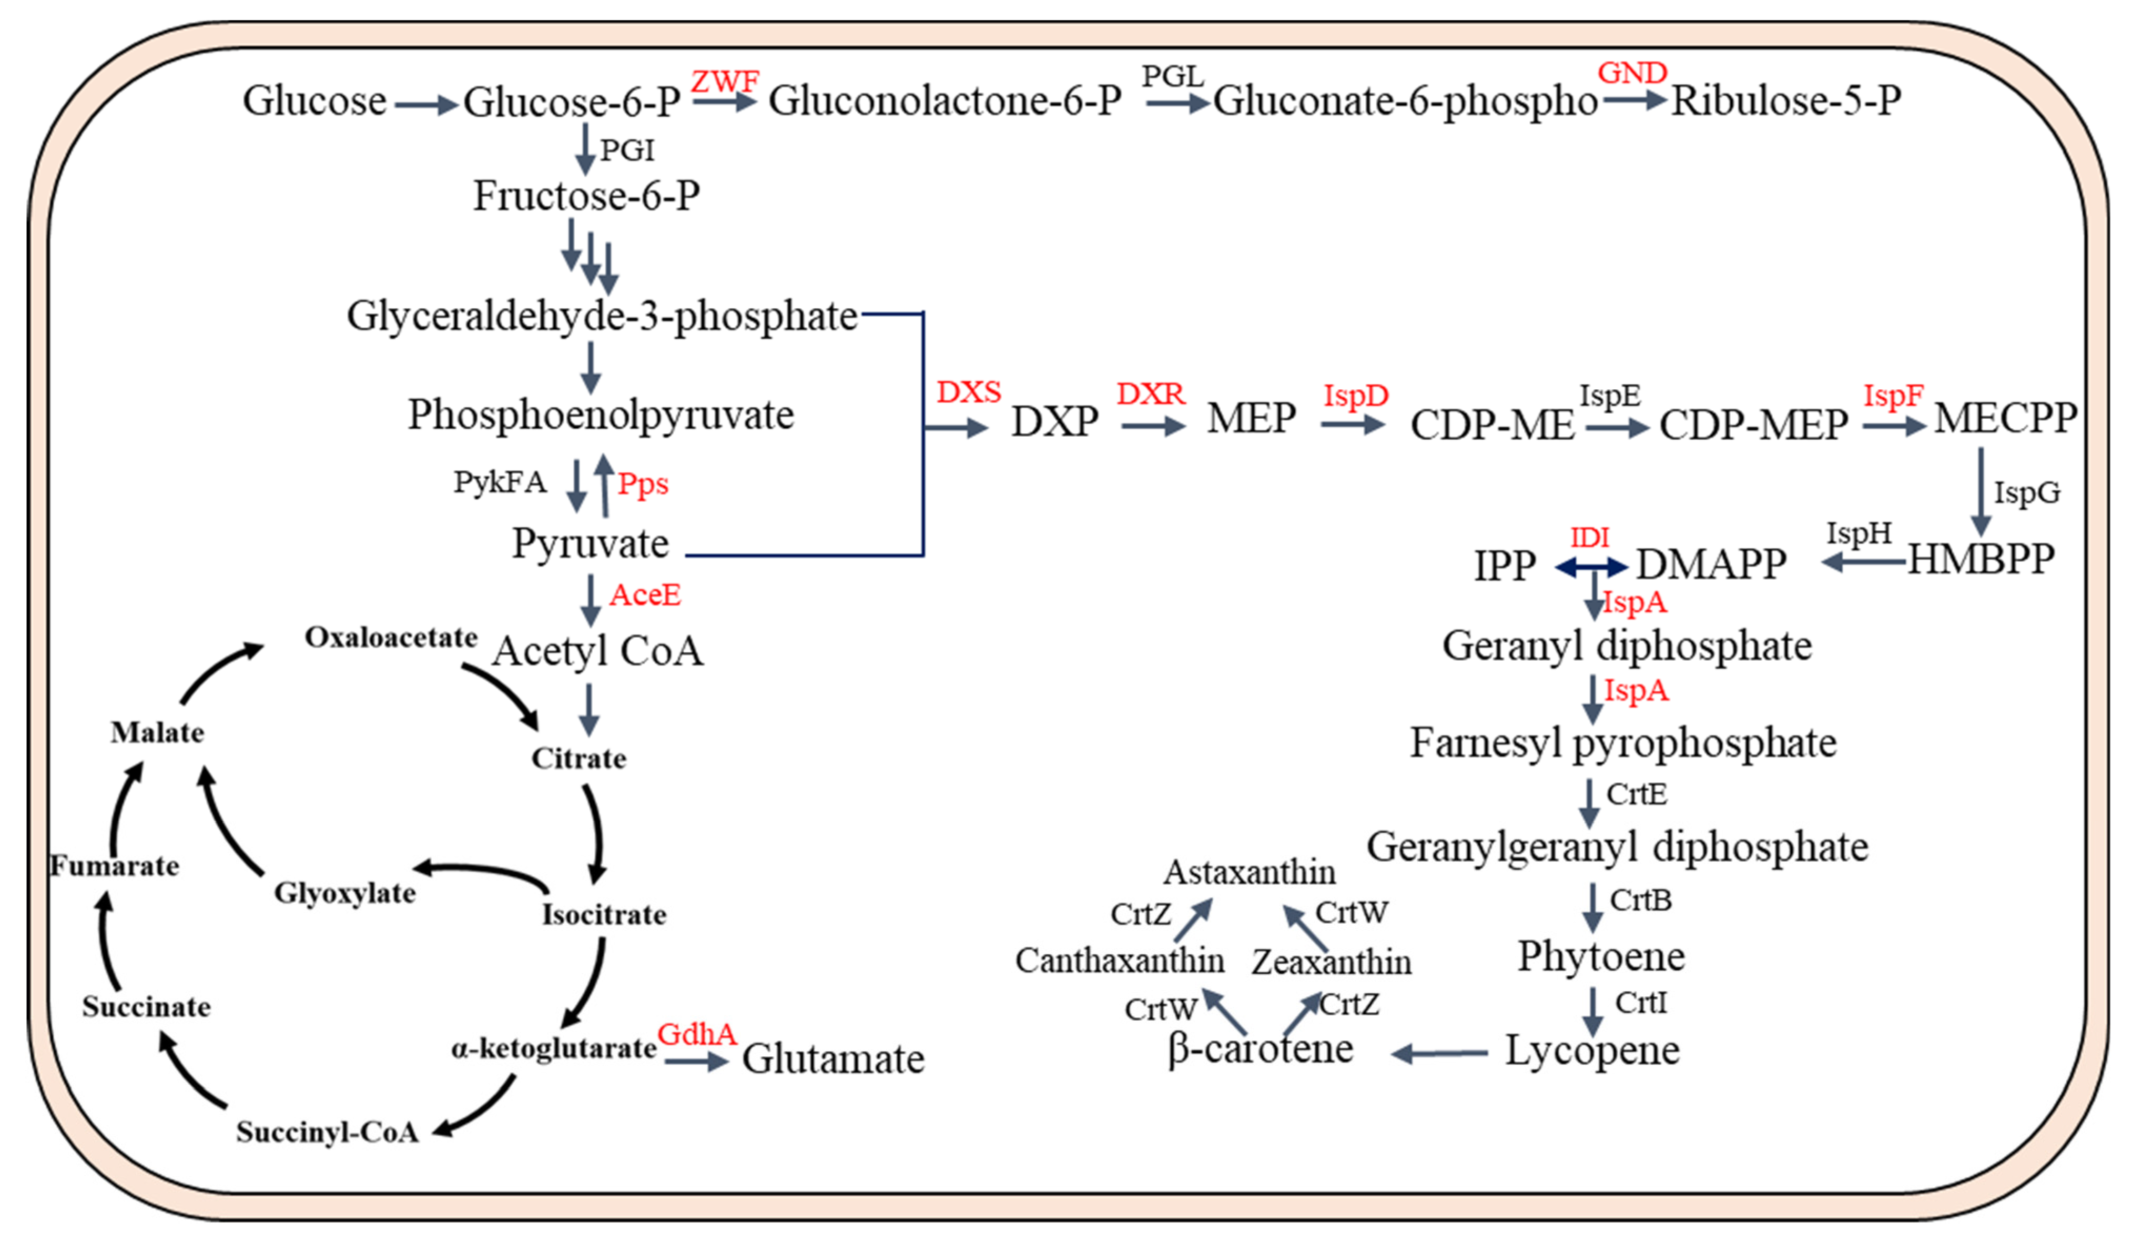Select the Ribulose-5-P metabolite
pyautogui.click(x=1786, y=100)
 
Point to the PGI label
pyautogui.click(x=627, y=150)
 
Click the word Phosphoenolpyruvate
pyautogui.click(x=601, y=415)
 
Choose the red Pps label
pyautogui.click(x=643, y=484)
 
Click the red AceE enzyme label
pyautogui.click(x=645, y=595)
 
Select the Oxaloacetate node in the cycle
pyautogui.click(x=391, y=637)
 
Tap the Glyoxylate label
pyautogui.click(x=344, y=893)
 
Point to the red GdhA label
pyautogui.click(x=696, y=1033)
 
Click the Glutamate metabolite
pyautogui.click(x=834, y=1058)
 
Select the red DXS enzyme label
pyautogui.click(x=969, y=392)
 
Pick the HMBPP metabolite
pyautogui.click(x=1981, y=558)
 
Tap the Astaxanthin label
pyautogui.click(x=1250, y=872)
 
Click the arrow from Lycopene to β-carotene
pyautogui.click(x=1439, y=1053)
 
